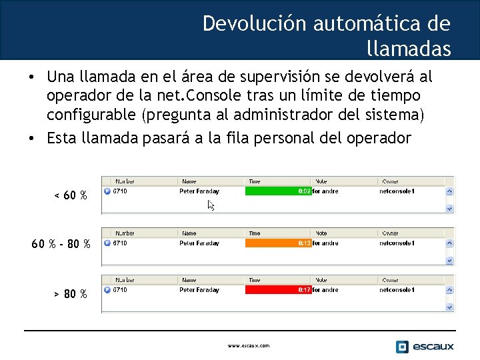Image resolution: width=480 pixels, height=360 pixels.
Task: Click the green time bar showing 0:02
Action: click(x=277, y=191)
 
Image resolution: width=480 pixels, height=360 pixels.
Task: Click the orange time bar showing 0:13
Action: click(x=277, y=243)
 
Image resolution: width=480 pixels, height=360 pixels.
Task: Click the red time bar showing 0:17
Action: click(x=277, y=290)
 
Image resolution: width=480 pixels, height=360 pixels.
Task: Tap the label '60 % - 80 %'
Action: click(x=61, y=244)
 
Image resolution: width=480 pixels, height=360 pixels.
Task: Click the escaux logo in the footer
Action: click(x=425, y=346)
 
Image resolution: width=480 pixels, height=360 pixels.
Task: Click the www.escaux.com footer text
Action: click(x=248, y=346)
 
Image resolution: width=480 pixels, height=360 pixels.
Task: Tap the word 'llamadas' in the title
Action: click(x=408, y=49)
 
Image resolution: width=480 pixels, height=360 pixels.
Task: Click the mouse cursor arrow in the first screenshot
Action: click(x=211, y=205)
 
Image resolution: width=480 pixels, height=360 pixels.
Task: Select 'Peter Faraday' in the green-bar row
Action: click(x=199, y=191)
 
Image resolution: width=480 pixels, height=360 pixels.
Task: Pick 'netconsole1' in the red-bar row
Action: click(x=397, y=290)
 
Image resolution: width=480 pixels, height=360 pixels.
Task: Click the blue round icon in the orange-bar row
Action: click(x=107, y=243)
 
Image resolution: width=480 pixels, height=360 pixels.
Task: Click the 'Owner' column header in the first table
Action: click(x=390, y=181)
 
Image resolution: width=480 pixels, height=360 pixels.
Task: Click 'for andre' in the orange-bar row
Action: click(x=325, y=243)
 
